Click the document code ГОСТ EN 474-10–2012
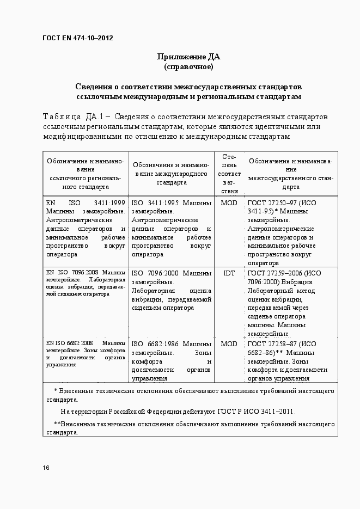tap(77, 38)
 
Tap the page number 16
tap(46, 468)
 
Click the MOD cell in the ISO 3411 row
tap(229, 203)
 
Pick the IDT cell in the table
tap(229, 273)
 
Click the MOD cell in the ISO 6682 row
tap(229, 344)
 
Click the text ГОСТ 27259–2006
tap(276, 273)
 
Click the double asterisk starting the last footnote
tap(57, 424)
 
